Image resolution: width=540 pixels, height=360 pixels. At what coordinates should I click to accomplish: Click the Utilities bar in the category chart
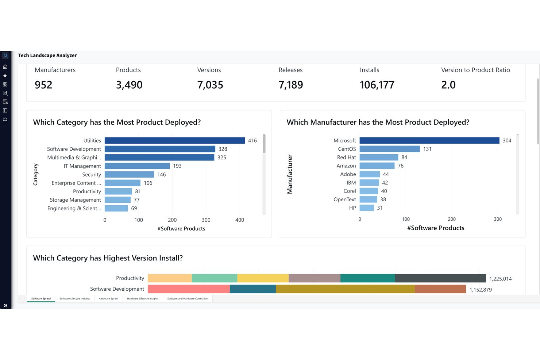tap(175, 140)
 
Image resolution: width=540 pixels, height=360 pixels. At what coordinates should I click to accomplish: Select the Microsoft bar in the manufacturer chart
tap(429, 140)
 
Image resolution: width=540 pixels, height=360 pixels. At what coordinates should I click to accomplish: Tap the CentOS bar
tap(390, 149)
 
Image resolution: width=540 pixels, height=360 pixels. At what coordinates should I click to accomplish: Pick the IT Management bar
tap(137, 166)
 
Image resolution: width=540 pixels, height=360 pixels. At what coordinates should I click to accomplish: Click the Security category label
tap(92, 174)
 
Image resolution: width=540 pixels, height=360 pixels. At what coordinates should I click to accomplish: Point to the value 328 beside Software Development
tap(223, 149)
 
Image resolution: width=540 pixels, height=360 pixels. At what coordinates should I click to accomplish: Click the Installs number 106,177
tap(377, 85)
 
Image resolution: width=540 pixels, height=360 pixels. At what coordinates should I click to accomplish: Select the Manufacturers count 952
tap(43, 85)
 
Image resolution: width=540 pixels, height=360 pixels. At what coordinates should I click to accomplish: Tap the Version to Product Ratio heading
tap(475, 70)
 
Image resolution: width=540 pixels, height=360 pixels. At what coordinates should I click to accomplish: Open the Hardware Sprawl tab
tap(108, 299)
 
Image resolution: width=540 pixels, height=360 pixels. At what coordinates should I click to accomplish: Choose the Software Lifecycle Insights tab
tap(75, 299)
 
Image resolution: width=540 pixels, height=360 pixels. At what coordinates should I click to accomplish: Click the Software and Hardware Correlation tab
tap(188, 299)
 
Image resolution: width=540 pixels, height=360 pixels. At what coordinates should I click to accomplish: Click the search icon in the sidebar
tap(5, 56)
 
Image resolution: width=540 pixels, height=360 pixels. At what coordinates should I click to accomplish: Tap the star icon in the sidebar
tap(5, 76)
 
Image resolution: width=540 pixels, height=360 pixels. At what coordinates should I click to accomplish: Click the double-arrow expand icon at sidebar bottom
tap(5, 306)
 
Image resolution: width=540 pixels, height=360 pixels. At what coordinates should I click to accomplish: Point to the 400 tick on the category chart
tap(240, 220)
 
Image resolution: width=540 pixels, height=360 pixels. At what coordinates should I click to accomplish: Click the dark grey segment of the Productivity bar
tap(440, 278)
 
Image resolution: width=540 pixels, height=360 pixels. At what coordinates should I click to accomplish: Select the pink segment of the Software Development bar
tap(189, 289)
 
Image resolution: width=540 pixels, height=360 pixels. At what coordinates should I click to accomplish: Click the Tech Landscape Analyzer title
tap(47, 55)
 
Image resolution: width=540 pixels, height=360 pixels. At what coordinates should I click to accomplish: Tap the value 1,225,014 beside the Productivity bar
tap(501, 279)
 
